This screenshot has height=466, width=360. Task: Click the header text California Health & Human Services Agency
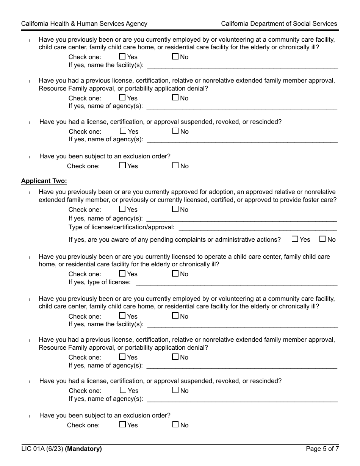point(84,23)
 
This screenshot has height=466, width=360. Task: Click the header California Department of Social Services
point(279,23)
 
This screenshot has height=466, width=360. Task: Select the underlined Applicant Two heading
point(44,181)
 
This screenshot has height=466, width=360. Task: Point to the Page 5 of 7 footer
point(322,449)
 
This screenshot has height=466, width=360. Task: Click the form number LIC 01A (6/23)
point(42,449)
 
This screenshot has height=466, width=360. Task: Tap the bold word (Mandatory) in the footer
point(83,449)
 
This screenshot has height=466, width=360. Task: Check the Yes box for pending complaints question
point(295,239)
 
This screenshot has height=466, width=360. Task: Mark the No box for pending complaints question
point(322,239)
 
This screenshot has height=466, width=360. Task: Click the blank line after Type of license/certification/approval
point(258,227)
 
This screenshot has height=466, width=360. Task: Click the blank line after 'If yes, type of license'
point(236,282)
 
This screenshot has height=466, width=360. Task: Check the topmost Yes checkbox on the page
point(122,56)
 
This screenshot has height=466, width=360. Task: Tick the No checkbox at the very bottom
point(175,425)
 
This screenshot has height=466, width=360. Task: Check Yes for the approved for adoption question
point(122,209)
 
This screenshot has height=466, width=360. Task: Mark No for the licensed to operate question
point(175,274)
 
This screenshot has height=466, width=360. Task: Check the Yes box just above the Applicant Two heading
point(122,166)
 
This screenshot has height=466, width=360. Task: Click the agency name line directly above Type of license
point(241,219)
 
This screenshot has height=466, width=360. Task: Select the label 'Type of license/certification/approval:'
point(122,227)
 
